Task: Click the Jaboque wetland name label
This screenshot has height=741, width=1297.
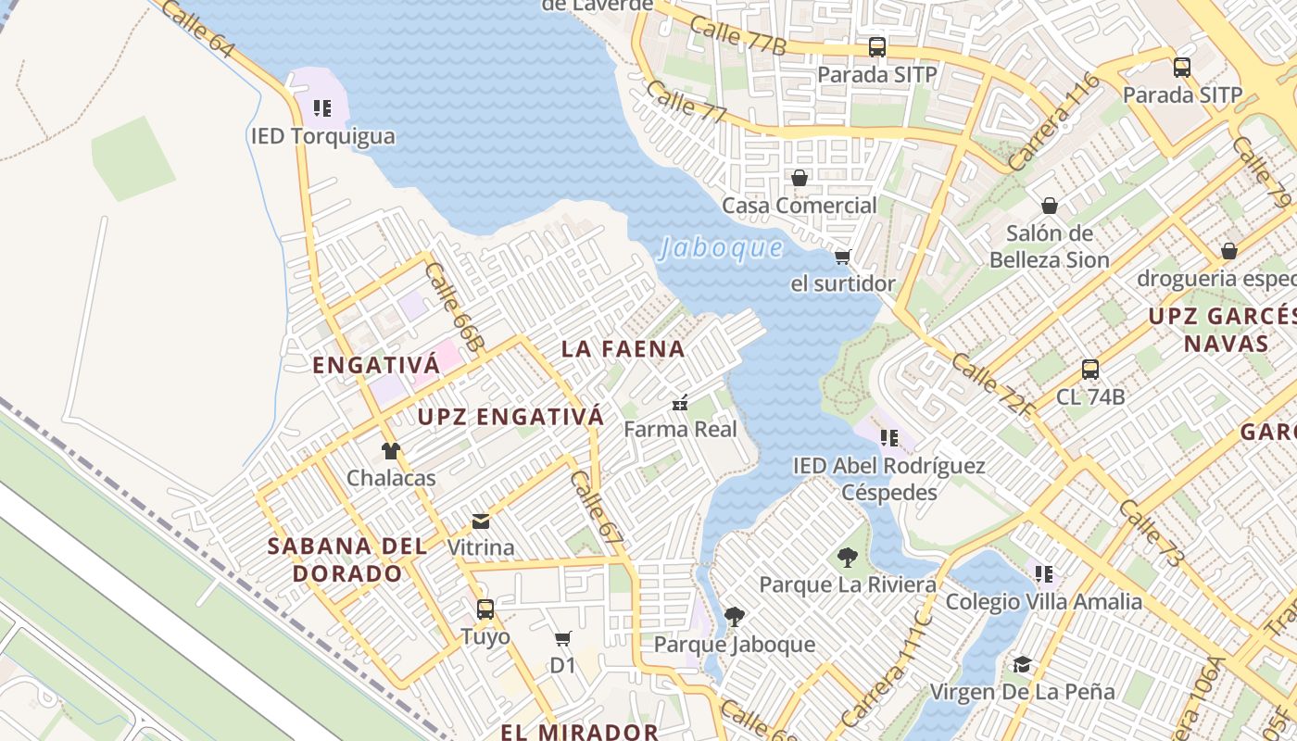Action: coord(720,248)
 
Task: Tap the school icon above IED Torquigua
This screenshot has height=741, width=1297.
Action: coord(321,108)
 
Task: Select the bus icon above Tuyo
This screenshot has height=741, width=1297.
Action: coord(485,609)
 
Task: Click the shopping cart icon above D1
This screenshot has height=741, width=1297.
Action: coord(562,638)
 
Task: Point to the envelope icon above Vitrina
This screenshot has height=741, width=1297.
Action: coord(481,521)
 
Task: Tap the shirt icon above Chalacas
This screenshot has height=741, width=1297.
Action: coord(391,451)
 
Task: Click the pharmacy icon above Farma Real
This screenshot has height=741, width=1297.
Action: coord(680,403)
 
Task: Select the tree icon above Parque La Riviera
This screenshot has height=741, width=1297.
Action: coord(847,558)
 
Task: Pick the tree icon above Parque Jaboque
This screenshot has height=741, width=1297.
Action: coord(735,617)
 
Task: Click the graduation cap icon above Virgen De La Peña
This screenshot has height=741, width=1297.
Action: coord(1022,665)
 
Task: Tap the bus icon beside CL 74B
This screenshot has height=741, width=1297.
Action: coord(1090,370)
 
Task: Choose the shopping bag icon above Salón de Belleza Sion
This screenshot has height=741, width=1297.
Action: coord(1050,206)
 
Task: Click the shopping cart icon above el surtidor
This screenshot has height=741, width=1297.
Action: coord(842,257)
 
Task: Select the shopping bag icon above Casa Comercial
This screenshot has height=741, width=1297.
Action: coord(799,178)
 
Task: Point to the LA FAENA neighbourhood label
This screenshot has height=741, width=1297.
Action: coord(623,349)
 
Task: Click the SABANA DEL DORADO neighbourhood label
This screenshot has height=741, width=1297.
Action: coord(347,559)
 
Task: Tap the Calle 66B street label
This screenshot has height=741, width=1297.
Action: coord(455,307)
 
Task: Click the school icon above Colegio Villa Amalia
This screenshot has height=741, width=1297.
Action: coord(1044,574)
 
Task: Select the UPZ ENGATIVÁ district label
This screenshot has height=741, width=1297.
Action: coord(510,417)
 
